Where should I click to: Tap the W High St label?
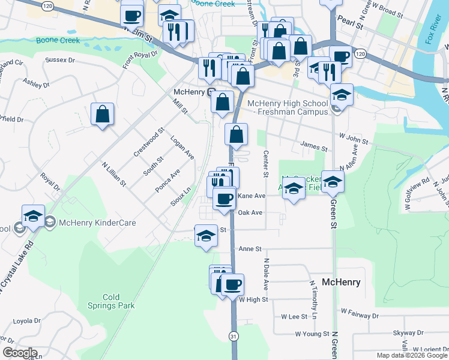[253, 299]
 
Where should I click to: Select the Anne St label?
[251, 248]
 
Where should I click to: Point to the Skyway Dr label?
[408, 332]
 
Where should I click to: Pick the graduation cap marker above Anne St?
[206, 235]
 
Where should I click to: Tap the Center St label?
[265, 164]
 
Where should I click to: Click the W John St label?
[353, 139]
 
